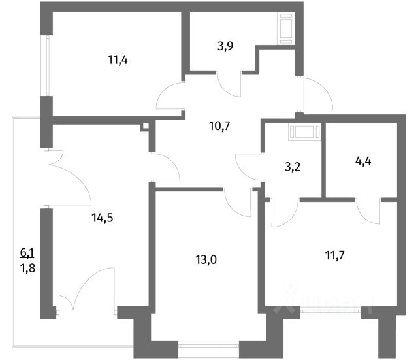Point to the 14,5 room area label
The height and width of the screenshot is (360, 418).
(x=102, y=219)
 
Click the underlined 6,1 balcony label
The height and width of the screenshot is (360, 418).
(x=26, y=251)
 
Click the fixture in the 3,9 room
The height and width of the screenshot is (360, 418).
(x=286, y=30)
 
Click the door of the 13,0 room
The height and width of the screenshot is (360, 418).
(x=236, y=199)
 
